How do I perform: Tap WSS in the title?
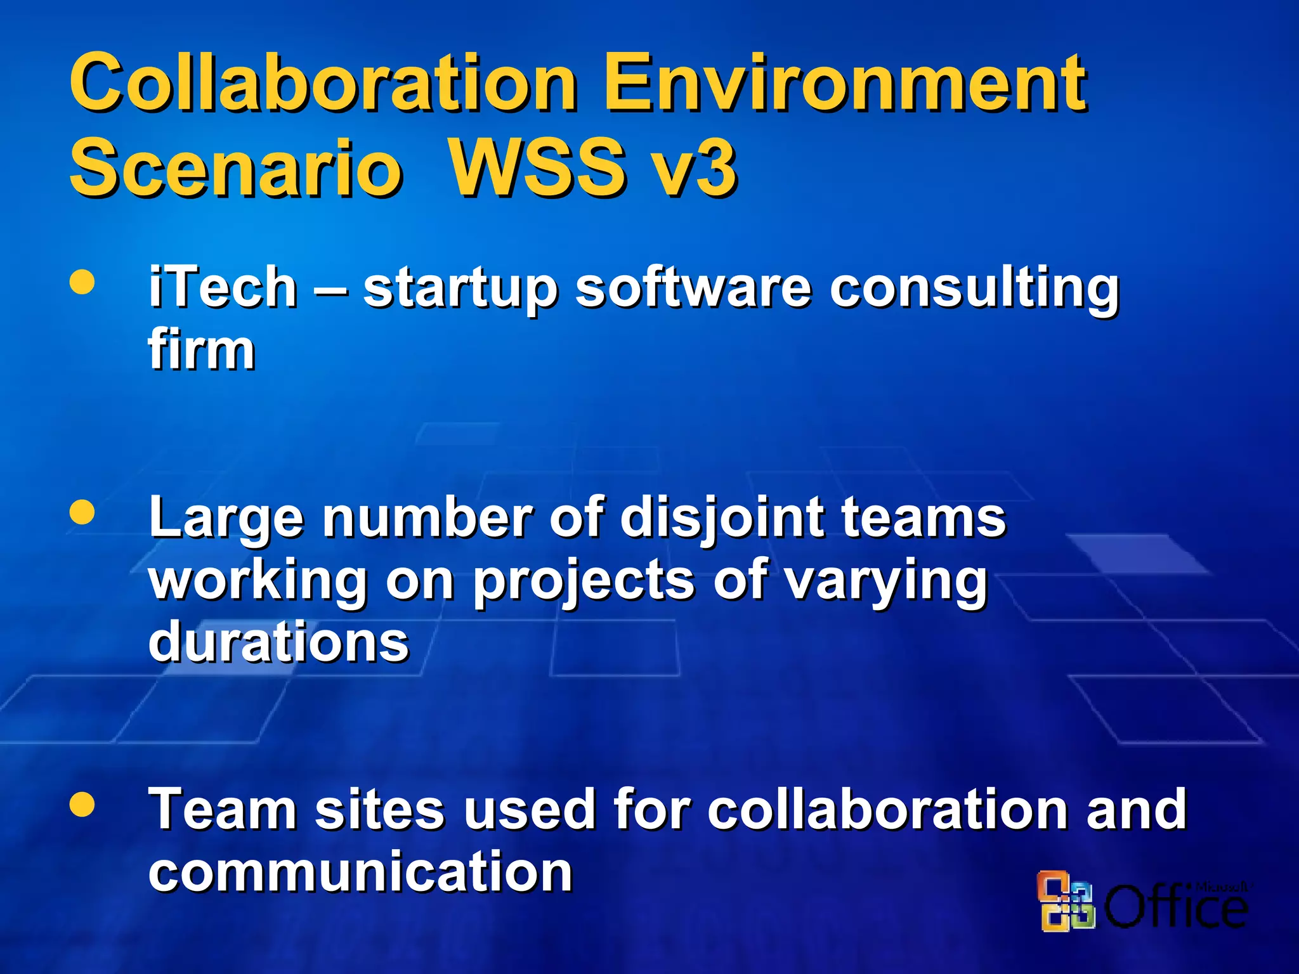click(537, 168)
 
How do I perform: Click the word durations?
click(279, 642)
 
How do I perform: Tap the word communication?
click(360, 873)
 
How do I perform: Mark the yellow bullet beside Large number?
click(82, 512)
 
